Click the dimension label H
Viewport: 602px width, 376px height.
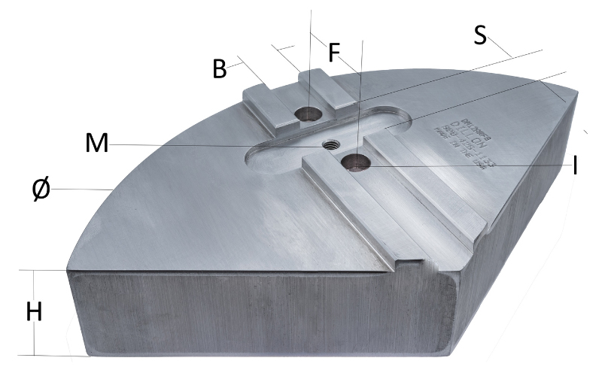coord(34,312)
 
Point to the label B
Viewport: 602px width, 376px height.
coord(220,69)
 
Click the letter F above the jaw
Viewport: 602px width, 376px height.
coord(334,52)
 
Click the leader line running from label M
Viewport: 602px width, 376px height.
coord(188,145)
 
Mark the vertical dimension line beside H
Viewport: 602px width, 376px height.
coord(35,286)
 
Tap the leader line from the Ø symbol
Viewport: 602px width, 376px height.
coord(83,190)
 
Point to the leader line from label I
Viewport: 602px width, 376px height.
coord(467,165)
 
